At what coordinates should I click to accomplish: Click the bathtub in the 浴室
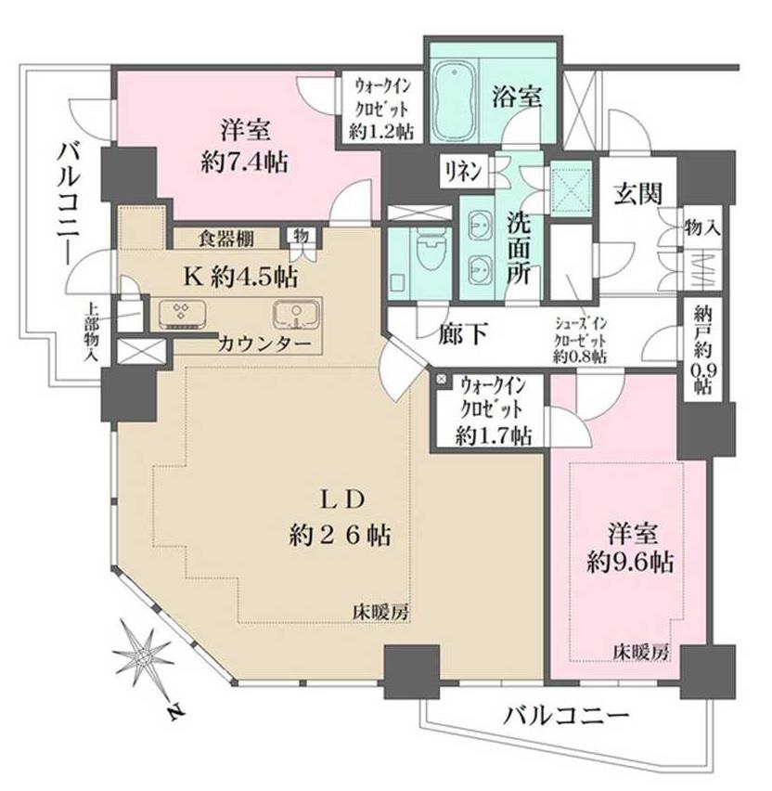455,100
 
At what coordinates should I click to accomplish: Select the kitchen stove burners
182,313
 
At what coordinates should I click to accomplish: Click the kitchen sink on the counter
296,314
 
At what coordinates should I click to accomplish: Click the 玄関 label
637,193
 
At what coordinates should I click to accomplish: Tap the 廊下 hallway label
463,333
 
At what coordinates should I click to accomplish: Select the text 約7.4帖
245,163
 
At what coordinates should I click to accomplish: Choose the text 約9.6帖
630,562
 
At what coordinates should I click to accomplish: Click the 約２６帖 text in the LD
340,536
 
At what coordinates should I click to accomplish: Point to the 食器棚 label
225,239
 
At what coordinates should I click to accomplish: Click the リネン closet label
463,172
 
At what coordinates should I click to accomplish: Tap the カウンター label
264,345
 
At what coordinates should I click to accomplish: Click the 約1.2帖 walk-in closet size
381,131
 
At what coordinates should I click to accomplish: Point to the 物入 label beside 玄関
701,228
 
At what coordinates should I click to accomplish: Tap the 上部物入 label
92,332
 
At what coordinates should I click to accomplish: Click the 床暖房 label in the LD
380,613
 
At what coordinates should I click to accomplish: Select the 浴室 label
517,97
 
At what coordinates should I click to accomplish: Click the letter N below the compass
175,712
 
